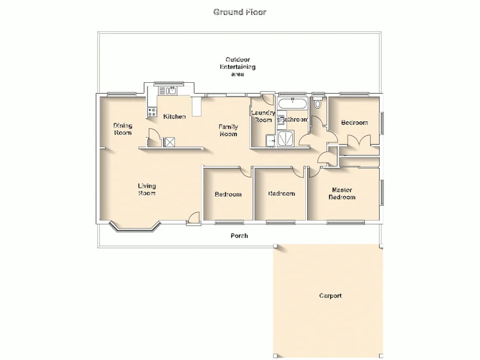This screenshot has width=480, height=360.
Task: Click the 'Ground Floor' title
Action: point(240,12)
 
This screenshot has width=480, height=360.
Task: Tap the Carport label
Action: point(330,296)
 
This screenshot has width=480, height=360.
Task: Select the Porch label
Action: point(239,236)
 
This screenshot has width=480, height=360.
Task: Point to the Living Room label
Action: point(147,190)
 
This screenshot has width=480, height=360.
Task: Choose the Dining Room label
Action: point(123,129)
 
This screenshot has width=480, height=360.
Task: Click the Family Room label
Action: point(228,130)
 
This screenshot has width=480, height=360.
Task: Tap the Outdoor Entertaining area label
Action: point(240,67)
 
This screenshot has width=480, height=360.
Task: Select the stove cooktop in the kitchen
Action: point(151,112)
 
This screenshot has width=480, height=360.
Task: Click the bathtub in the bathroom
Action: point(292,103)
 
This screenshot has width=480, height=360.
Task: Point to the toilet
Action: point(317,104)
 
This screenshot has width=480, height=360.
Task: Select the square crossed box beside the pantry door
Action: point(170,142)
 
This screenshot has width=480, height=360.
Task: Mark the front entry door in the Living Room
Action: point(193,220)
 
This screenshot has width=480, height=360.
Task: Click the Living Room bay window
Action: point(136,227)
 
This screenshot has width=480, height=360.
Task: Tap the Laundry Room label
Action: point(263,116)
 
